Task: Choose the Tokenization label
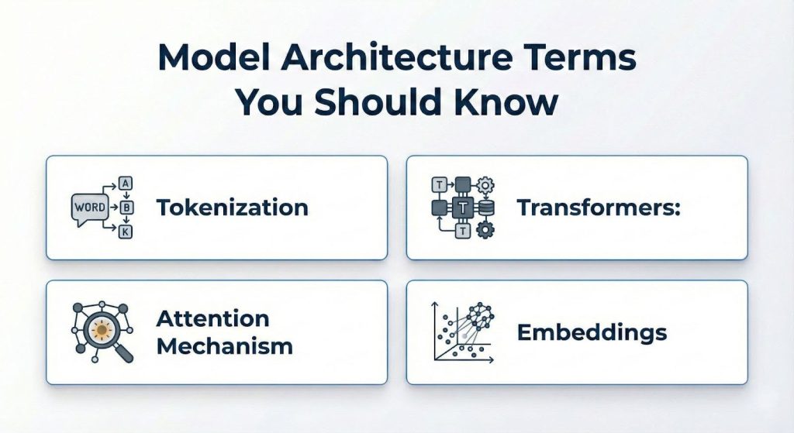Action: click(x=232, y=208)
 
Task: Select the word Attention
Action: click(x=212, y=318)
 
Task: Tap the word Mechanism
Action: click(x=224, y=345)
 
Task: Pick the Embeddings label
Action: click(x=592, y=332)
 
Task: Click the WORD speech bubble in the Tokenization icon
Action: click(x=88, y=208)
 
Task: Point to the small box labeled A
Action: click(x=125, y=184)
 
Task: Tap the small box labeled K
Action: click(x=125, y=230)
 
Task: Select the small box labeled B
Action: click(x=125, y=207)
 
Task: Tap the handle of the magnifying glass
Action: click(x=124, y=353)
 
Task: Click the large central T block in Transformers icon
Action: click(x=463, y=207)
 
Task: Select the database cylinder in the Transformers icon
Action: click(x=487, y=207)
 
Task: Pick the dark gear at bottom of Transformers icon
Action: click(x=487, y=230)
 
